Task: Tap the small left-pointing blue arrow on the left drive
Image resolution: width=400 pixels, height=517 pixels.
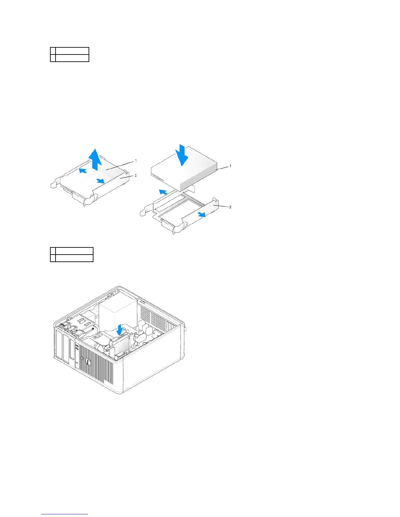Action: tap(83, 170)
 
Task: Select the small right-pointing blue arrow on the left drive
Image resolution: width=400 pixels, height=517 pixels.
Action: tap(100, 180)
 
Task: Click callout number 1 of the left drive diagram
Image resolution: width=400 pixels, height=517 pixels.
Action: tap(136, 161)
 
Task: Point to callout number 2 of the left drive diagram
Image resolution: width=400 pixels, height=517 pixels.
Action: tap(136, 175)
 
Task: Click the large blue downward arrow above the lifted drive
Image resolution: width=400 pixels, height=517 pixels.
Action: tap(181, 155)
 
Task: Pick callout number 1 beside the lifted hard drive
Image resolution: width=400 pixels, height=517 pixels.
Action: tap(230, 166)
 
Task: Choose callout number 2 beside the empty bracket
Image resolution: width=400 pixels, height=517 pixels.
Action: tap(230, 207)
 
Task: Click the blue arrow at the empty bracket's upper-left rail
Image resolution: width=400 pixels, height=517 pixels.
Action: tap(163, 192)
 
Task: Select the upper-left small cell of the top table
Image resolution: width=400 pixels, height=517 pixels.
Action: tap(53, 51)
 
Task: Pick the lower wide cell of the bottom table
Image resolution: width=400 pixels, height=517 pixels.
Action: tap(74, 258)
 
